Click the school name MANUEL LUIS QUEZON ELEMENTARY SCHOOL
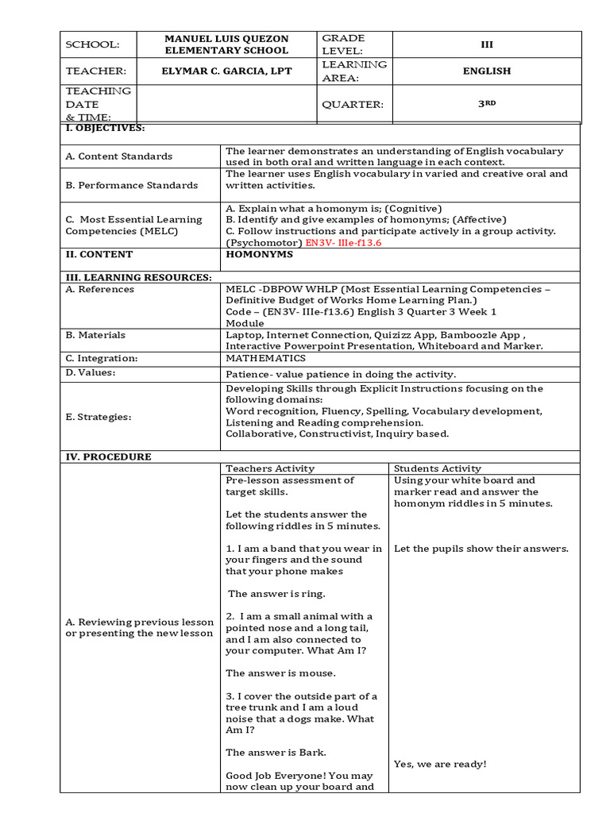226,44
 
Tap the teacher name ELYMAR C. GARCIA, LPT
226,71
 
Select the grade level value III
487,44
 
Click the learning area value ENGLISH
487,71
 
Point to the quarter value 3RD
487,104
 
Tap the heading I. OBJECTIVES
105,128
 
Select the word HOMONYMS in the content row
259,255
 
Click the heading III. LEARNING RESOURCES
138,277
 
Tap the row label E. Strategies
98,417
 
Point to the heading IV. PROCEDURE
108,457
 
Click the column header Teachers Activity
270,468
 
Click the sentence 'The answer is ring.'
276,593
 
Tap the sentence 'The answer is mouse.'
280,673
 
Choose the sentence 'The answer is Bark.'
276,753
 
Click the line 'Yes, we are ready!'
440,764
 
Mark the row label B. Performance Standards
132,185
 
